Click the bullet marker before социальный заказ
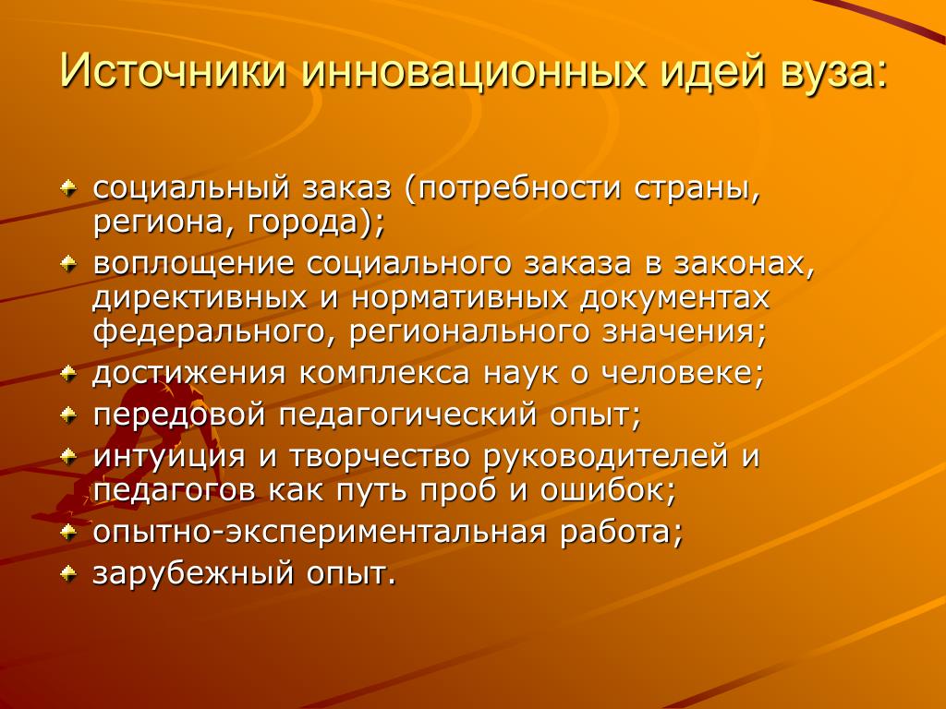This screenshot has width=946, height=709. [68, 189]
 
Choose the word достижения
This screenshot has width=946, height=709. [188, 374]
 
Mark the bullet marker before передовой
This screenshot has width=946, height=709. [68, 415]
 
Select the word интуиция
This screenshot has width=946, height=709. [169, 457]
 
